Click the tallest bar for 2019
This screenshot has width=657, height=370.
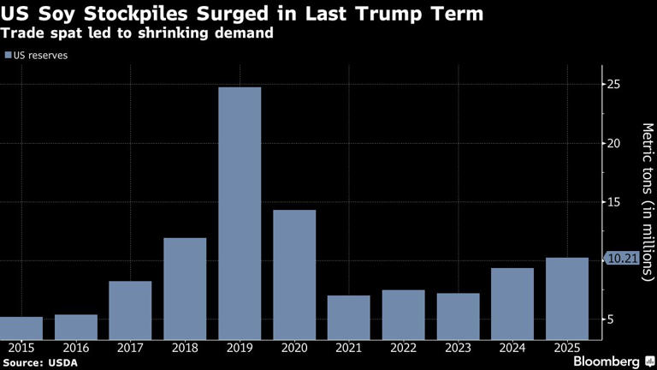240,213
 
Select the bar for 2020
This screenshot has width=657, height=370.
294,274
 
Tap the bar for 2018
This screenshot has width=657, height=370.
185,289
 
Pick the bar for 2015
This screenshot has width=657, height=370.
21,328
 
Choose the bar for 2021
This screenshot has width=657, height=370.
349,317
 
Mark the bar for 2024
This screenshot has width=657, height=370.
512,303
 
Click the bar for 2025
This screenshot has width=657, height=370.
567,298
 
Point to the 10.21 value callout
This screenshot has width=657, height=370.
622,258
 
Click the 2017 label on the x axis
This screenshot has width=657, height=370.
130,348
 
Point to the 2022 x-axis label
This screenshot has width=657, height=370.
403,348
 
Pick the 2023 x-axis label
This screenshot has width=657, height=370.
458,348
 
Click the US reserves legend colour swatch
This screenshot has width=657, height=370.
8,55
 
